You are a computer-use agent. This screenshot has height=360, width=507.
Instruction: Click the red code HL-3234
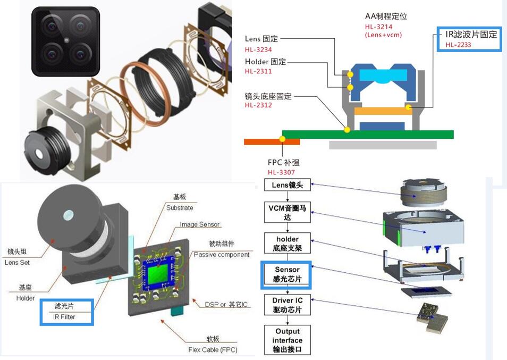coord(259,50)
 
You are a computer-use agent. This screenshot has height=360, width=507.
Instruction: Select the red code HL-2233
coord(459,45)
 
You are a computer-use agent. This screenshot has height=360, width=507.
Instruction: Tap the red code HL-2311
coord(258,71)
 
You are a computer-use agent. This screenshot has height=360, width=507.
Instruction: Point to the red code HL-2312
coord(258,105)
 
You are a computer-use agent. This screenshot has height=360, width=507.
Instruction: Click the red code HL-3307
coord(281,172)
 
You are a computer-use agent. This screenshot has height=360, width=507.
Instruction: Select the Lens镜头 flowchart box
coord(287,185)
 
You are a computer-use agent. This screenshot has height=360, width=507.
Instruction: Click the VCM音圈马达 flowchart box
coord(287,213)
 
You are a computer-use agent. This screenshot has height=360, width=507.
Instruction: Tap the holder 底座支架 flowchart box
coord(287,244)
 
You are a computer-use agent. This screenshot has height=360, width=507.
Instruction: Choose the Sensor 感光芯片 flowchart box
coord(287,274)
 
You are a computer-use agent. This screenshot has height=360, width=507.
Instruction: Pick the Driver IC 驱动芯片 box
coord(287,305)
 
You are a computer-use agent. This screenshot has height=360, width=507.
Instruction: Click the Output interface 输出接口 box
coord(287,340)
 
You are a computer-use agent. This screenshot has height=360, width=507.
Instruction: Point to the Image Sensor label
coord(200,224)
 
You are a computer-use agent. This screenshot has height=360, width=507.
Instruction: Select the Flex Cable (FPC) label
coord(213,349)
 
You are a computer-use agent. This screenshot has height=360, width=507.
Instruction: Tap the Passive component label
coord(221,255)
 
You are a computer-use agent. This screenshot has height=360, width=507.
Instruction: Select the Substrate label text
coord(180,207)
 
